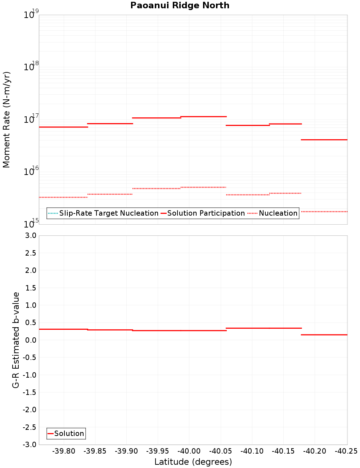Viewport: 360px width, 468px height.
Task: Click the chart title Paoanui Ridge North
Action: click(x=180, y=5)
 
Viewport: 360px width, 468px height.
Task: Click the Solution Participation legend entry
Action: click(x=206, y=213)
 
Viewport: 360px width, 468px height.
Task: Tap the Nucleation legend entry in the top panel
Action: click(x=278, y=213)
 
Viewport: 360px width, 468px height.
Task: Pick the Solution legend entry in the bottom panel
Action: click(x=69, y=433)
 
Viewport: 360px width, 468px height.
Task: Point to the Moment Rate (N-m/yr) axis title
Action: click(x=6, y=120)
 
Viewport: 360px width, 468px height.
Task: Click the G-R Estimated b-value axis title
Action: click(x=16, y=340)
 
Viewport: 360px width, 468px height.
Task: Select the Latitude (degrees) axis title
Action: click(x=193, y=462)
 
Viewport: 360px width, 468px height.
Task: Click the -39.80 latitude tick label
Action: click(x=64, y=451)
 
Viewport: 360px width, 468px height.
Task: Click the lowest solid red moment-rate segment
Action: click(x=324, y=139)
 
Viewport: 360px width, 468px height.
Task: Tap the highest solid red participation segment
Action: click(x=203, y=116)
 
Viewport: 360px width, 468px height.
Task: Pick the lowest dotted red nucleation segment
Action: click(x=324, y=211)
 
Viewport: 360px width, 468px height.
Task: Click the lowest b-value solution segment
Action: click(x=324, y=335)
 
